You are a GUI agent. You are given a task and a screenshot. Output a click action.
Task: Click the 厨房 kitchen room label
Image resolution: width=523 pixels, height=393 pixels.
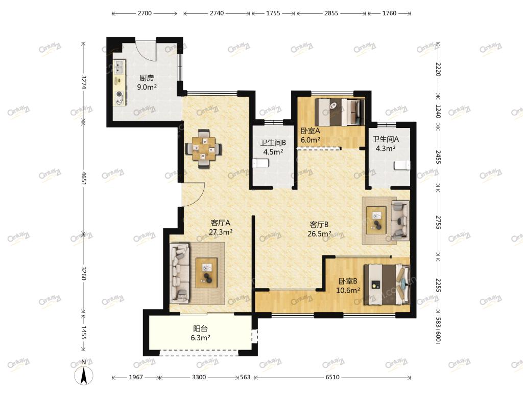pos(147,78)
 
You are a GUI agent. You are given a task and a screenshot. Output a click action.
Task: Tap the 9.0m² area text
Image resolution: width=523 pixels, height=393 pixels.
pos(147,87)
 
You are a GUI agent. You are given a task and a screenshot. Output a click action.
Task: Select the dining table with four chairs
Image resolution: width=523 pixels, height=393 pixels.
pos(203,148)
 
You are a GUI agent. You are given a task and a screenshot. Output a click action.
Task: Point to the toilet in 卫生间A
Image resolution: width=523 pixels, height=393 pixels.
pos(402,165)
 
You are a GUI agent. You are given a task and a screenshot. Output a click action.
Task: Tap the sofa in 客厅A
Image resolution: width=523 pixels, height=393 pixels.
pos(179,273)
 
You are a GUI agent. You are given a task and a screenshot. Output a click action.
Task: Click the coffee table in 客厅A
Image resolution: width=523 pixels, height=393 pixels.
pos(206,273)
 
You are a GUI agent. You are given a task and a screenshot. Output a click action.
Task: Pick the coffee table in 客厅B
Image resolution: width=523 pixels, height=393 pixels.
pos(376,220)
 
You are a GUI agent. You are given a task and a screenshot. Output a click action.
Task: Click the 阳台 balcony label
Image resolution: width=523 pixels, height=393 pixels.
pos(200,329)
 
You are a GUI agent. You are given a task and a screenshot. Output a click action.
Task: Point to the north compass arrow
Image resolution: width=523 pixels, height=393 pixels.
pos(84,375)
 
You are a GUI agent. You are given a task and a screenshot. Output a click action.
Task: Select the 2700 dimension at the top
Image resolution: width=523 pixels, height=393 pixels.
pos(145,13)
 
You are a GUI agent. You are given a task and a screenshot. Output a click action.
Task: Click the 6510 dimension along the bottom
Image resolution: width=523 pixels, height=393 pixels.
pos(332,377)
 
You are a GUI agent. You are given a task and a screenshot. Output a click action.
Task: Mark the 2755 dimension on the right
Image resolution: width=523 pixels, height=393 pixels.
pos(438,223)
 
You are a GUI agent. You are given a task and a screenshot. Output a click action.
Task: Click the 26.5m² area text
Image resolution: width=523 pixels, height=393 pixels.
pos(319,234)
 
